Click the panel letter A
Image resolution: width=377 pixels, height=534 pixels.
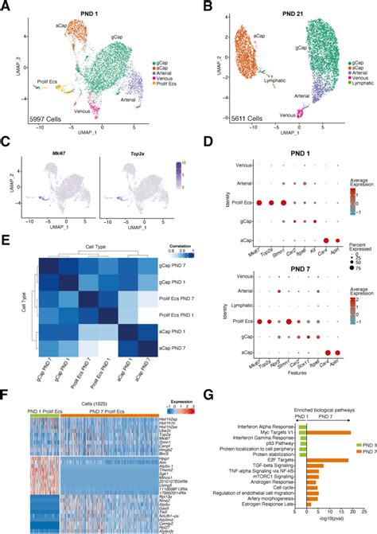pyautogui.click(x=6, y=6)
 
